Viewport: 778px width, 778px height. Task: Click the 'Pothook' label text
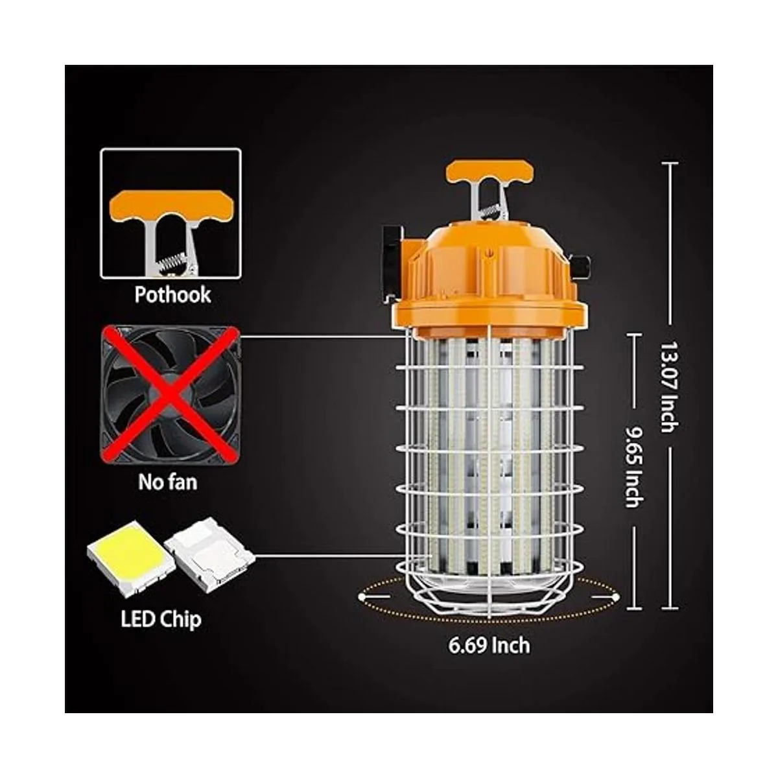(172, 295)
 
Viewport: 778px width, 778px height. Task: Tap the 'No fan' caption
(167, 482)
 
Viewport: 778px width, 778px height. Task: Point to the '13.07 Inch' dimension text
(669, 388)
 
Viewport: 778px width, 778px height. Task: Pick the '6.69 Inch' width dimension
(489, 656)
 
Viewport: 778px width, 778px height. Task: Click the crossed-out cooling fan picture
(170, 395)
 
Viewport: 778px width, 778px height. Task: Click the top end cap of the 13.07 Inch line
(669, 163)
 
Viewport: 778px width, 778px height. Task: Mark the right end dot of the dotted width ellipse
(615, 596)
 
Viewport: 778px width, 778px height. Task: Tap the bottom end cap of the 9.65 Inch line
(634, 619)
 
